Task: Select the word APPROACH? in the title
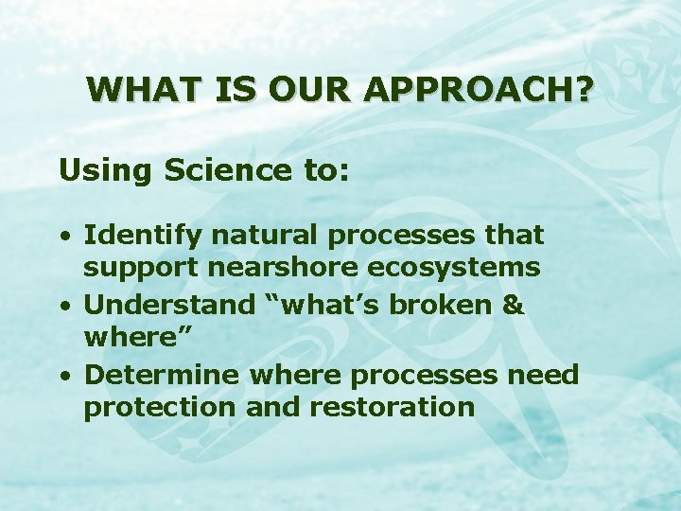pos(479,90)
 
